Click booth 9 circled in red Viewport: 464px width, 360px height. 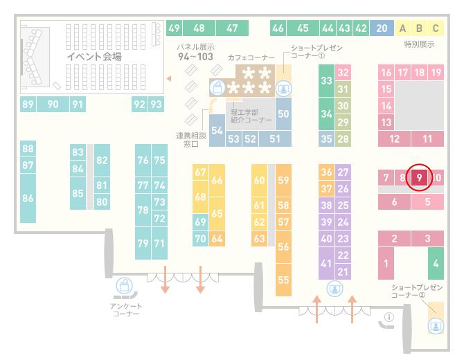pyautogui.click(x=419, y=177)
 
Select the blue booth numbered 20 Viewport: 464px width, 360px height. pyautogui.click(x=382, y=28)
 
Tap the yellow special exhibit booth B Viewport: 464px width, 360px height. pyautogui.click(x=419, y=28)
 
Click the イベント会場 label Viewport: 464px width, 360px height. pyautogui.click(x=94, y=56)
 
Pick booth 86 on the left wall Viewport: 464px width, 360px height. pyautogui.click(x=28, y=198)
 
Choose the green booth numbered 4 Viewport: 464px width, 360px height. pyautogui.click(x=436, y=263)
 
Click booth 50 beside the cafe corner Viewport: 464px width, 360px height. pyautogui.click(x=283, y=114)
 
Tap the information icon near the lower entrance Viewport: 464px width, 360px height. pyautogui.click(x=389, y=317)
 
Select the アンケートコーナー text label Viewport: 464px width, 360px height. pyautogui.click(x=126, y=309)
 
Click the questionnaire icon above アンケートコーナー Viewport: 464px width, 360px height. pyautogui.click(x=124, y=285)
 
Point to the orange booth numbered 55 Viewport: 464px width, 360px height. pyautogui.click(x=283, y=280)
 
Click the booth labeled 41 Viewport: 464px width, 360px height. pyautogui.click(x=326, y=263)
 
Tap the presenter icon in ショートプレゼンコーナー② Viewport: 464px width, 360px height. pyautogui.click(x=436, y=326)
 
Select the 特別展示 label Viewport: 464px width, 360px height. pyautogui.click(x=419, y=44)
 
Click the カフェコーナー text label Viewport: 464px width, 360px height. pyautogui.click(x=251, y=57)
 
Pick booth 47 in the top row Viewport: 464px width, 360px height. pyautogui.click(x=232, y=28)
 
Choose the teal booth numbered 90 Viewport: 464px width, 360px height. pyautogui.click(x=53, y=104)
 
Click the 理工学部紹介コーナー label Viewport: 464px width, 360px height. pyautogui.click(x=251, y=116)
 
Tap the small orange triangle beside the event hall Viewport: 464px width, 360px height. pyautogui.click(x=169, y=78)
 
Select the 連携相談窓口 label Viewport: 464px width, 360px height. pyautogui.click(x=191, y=140)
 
